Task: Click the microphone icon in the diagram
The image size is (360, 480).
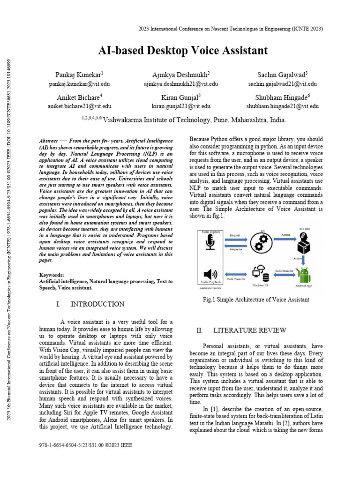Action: [210, 242]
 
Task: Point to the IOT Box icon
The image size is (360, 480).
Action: [304, 242]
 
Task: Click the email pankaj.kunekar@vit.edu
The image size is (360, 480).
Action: [79, 84]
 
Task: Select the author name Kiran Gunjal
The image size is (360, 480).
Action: [180, 97]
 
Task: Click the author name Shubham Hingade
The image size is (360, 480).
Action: [283, 97]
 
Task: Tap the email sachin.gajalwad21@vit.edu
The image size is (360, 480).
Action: [282, 84]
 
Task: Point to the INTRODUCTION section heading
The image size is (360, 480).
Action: [97, 304]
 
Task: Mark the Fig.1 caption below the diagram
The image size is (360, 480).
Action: [255, 299]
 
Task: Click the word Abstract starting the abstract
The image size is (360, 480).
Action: [49, 141]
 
